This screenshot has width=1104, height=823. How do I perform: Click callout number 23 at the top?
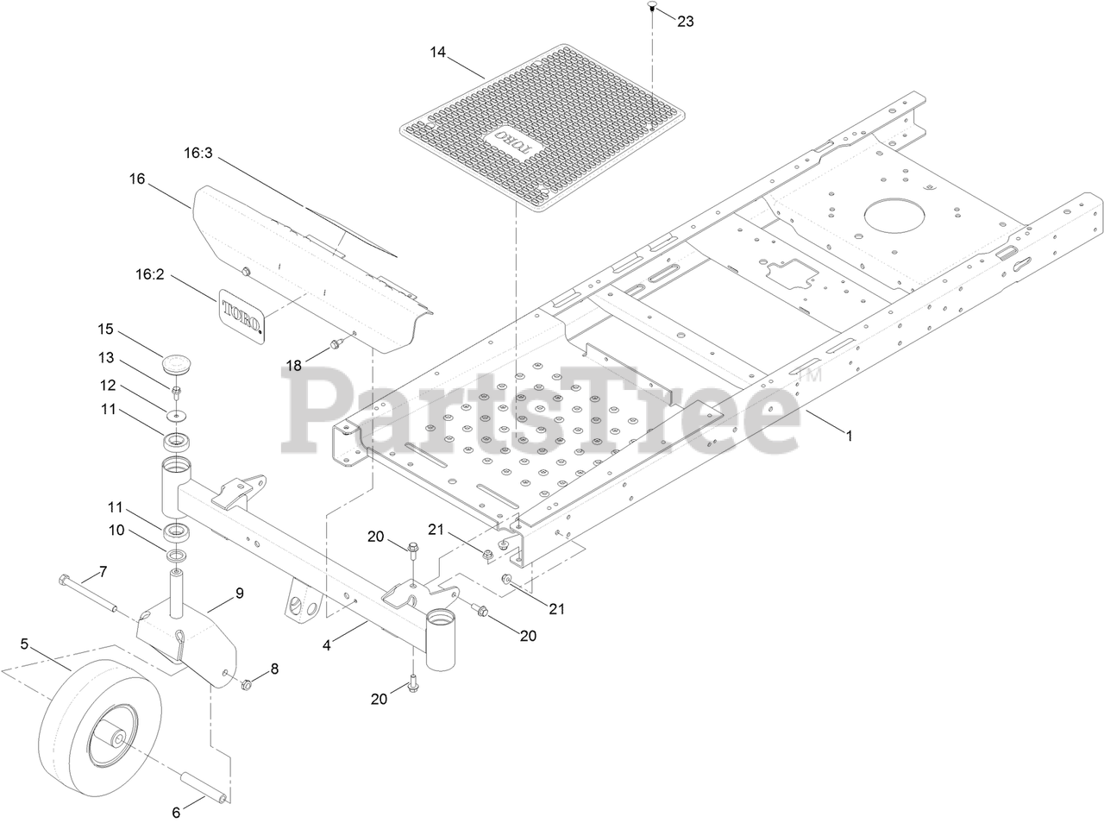click(x=686, y=22)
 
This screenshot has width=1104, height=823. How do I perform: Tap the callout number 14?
click(x=438, y=52)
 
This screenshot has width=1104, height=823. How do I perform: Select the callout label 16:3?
click(x=198, y=153)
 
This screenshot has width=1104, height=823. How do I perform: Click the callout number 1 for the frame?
click(x=849, y=437)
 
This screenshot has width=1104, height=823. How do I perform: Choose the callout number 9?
click(x=240, y=593)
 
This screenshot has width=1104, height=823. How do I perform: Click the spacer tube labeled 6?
click(x=204, y=789)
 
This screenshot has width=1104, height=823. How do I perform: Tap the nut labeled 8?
click(x=244, y=685)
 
